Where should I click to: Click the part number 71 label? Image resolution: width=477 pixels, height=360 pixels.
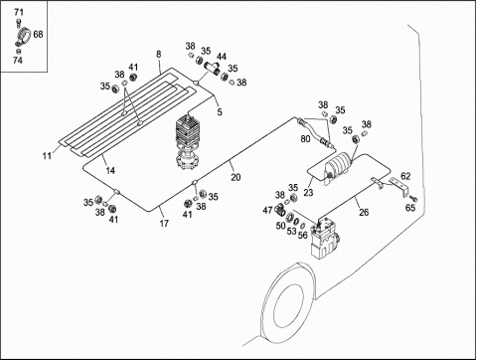click(x=19, y=13)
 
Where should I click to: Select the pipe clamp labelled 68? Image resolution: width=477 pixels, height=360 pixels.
click(x=23, y=37)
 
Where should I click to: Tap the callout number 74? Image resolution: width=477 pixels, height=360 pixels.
click(x=18, y=61)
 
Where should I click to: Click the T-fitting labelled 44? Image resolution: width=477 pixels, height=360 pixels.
click(x=212, y=68)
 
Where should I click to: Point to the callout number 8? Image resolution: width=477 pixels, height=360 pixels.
click(x=159, y=54)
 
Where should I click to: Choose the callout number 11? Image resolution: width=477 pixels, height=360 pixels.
click(x=47, y=155)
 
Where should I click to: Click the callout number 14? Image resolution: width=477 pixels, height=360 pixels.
click(x=110, y=170)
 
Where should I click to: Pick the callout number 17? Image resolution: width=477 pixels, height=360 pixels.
click(x=164, y=224)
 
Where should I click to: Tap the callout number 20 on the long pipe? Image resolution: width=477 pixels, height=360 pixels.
click(x=236, y=178)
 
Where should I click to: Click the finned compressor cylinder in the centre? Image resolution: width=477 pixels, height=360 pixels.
click(x=188, y=141)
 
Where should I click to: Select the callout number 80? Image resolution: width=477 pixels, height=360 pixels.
click(x=305, y=138)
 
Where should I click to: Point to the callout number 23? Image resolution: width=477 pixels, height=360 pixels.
click(x=308, y=192)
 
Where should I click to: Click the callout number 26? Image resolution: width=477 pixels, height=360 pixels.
click(x=364, y=212)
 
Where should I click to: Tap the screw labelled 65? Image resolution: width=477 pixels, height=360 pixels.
click(x=413, y=199)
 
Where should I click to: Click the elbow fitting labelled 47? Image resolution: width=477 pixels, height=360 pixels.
click(x=280, y=209)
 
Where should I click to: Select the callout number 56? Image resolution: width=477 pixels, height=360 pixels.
click(x=303, y=235)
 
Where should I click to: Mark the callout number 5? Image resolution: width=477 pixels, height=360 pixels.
click(x=220, y=112)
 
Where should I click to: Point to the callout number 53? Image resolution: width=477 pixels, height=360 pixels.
click(x=291, y=231)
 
